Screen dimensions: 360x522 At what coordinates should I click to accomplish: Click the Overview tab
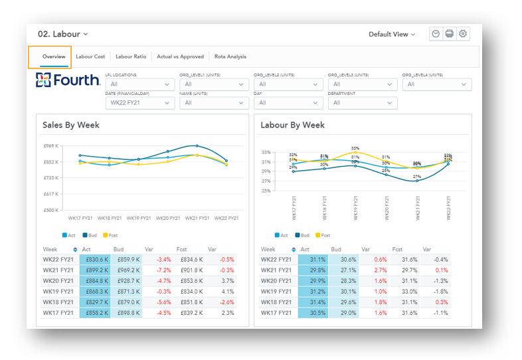coord(54,56)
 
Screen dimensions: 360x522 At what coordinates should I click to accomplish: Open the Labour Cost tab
coord(90,56)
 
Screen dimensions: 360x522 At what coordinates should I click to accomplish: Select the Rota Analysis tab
coord(230,56)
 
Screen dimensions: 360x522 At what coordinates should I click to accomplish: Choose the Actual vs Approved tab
coord(180,56)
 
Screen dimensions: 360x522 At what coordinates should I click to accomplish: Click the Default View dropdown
coord(392,34)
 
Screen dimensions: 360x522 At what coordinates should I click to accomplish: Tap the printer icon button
coord(450,34)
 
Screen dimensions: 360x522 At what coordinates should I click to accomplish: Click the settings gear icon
coord(463,34)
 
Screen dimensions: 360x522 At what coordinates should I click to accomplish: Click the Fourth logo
coord(67,80)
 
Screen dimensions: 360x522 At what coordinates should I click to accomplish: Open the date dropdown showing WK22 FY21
coord(139,103)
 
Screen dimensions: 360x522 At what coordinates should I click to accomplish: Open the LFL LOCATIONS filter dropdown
coord(139,84)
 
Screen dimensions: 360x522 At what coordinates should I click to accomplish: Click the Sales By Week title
coord(71,125)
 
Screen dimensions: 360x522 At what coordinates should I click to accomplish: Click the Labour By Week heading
coord(292,125)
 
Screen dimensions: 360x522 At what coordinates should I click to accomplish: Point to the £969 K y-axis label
coord(52,145)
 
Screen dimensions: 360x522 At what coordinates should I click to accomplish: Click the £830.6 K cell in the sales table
coord(95,259)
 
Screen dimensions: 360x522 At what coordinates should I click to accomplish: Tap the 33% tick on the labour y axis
coord(266,153)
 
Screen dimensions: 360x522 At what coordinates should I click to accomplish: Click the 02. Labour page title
coord(62,34)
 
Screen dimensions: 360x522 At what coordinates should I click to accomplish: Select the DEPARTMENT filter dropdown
coord(363,103)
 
